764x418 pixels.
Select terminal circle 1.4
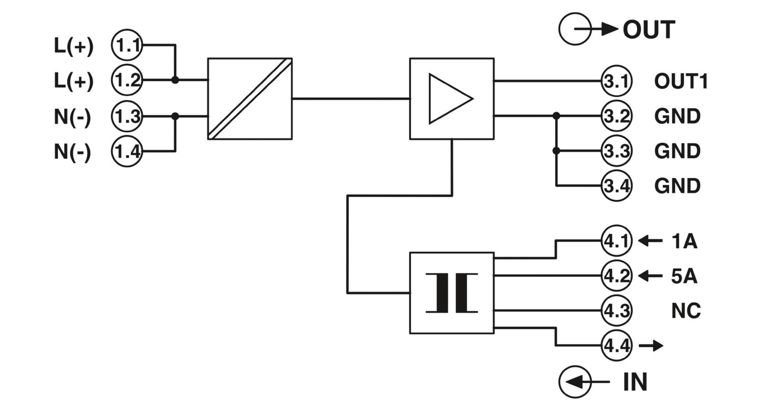coord(127,151)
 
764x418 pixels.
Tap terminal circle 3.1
coord(616,81)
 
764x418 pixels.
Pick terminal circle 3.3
coord(616,151)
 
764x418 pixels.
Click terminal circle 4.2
coord(616,276)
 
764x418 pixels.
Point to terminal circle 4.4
coord(616,346)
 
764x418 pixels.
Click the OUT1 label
coord(681,82)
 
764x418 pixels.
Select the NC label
coord(686,310)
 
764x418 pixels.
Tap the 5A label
coord(684,276)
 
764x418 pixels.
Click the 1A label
coord(684,241)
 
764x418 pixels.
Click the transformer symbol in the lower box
coord(452,293)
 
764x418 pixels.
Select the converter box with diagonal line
coord(250,98)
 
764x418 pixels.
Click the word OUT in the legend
coord(648,30)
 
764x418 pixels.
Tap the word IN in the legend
coord(635,382)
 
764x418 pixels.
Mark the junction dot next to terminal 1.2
coord(175,80)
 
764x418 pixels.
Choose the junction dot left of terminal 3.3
coord(556,151)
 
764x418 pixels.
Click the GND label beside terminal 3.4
coord(677,186)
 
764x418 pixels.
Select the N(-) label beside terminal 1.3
coord(73,117)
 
